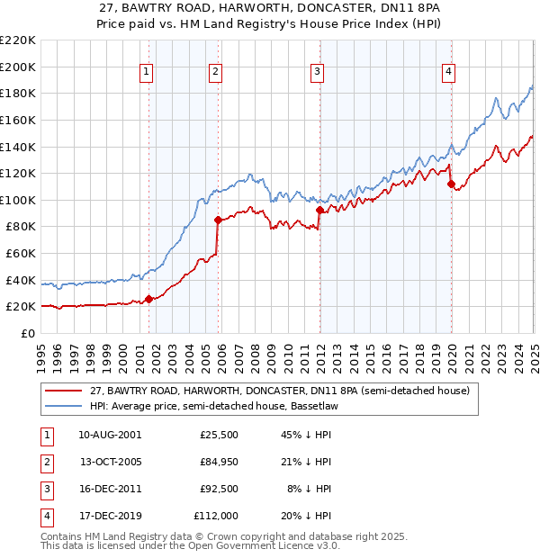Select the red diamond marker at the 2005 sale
click(x=218, y=220)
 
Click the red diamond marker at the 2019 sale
click(x=451, y=184)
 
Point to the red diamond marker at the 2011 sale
click(x=319, y=210)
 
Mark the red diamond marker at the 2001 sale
click(x=149, y=300)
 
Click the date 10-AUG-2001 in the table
click(x=109, y=435)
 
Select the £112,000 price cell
click(x=216, y=516)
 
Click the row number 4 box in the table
click(x=44, y=516)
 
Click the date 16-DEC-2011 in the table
click(x=109, y=489)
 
